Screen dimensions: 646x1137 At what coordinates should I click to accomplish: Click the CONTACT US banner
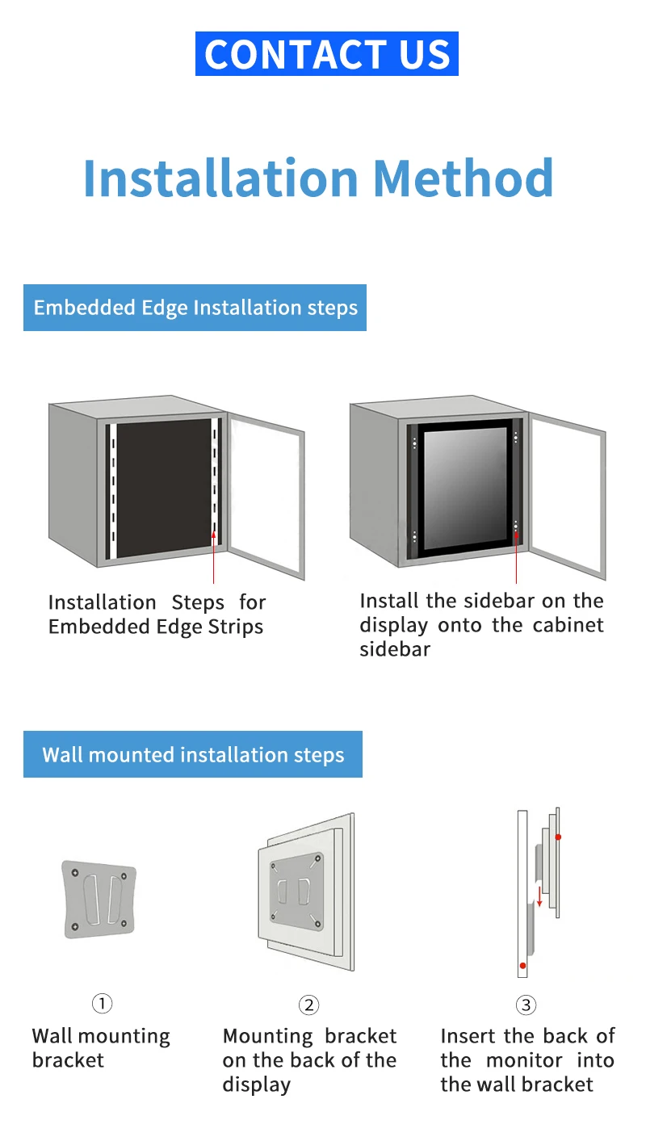pyautogui.click(x=326, y=54)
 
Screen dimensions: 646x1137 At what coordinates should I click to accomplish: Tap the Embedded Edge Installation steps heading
pyautogui.click(x=195, y=308)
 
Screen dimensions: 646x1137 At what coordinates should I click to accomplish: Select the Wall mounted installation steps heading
pyautogui.click(x=193, y=755)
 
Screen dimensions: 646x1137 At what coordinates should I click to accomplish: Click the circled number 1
pyautogui.click(x=102, y=1004)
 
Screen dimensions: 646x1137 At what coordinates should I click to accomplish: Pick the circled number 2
pyautogui.click(x=308, y=1005)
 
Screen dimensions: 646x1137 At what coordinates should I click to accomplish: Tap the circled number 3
pyautogui.click(x=526, y=1005)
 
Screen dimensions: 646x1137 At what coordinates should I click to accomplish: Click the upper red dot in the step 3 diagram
pyautogui.click(x=558, y=837)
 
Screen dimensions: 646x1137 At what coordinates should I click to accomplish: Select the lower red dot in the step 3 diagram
pyautogui.click(x=522, y=966)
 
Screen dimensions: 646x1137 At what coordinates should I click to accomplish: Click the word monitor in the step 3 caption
pyautogui.click(x=524, y=1060)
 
